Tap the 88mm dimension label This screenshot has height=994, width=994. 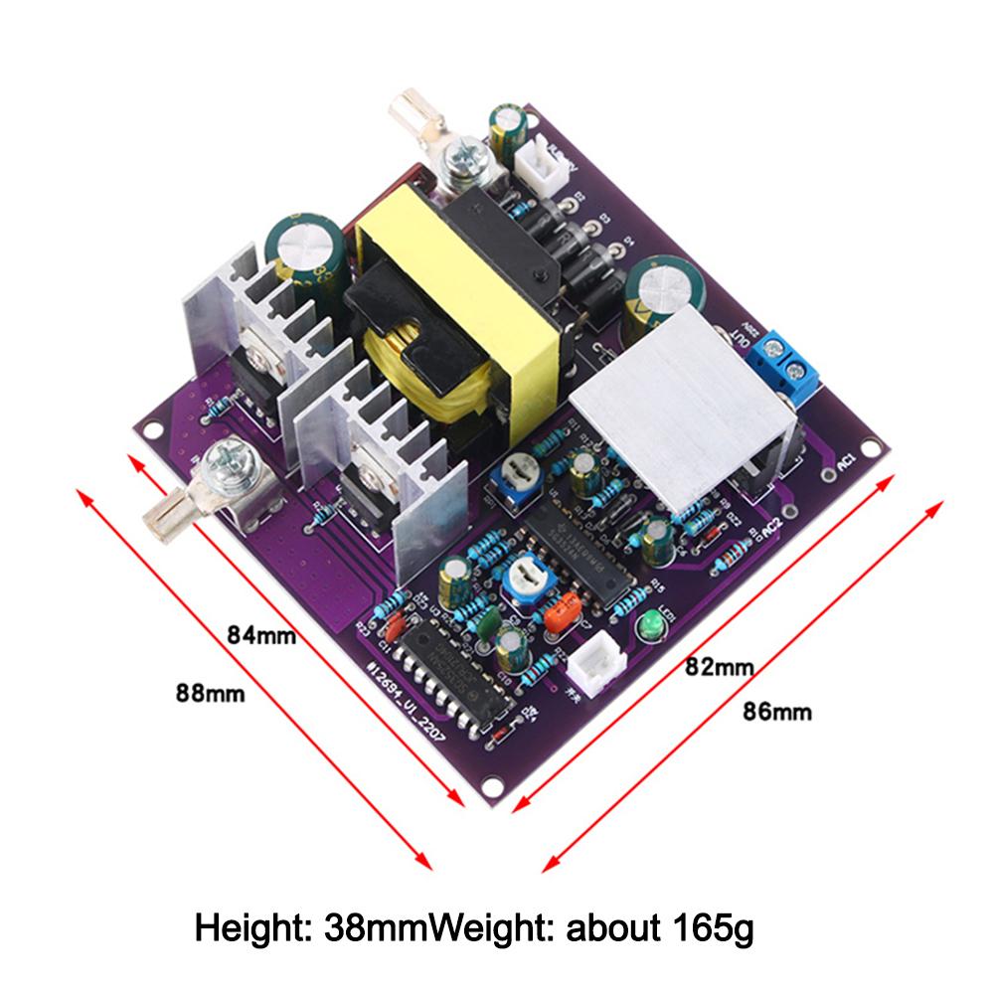coord(210,692)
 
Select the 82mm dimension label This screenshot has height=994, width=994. coord(720,667)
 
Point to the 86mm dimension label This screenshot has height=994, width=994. coord(777,711)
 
